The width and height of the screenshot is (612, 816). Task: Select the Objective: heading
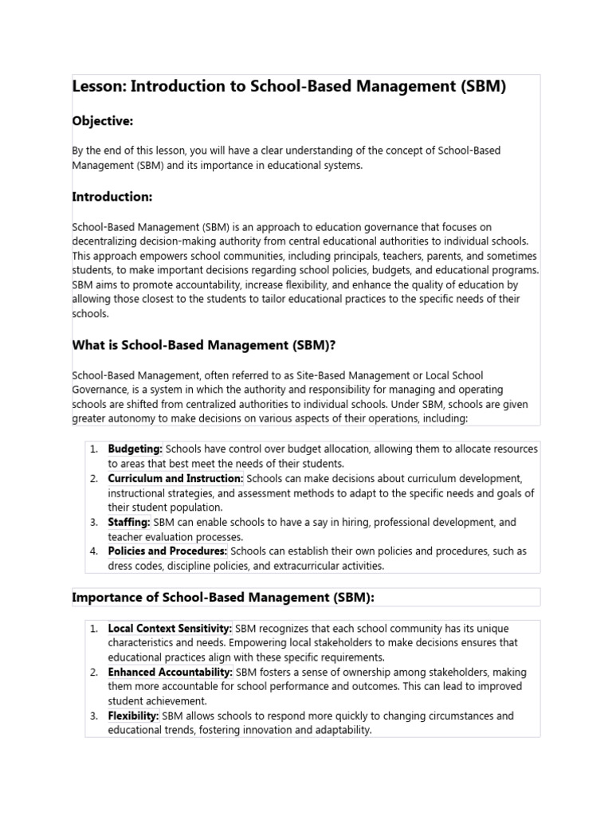coord(103,121)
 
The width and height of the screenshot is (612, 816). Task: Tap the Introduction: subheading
coord(112,197)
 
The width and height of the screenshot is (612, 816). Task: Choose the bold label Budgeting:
coord(135,449)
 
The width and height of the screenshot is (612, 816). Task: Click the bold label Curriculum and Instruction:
coord(176,478)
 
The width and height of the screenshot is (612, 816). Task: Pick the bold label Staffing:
coord(129,522)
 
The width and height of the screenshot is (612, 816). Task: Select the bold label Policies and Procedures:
coord(168,551)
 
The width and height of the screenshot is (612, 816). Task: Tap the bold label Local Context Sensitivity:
coord(171,629)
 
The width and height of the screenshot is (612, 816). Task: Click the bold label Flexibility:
coord(134,716)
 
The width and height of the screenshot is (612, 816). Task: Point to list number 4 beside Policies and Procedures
coord(93,551)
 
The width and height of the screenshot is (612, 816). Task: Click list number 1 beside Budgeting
coord(93,449)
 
